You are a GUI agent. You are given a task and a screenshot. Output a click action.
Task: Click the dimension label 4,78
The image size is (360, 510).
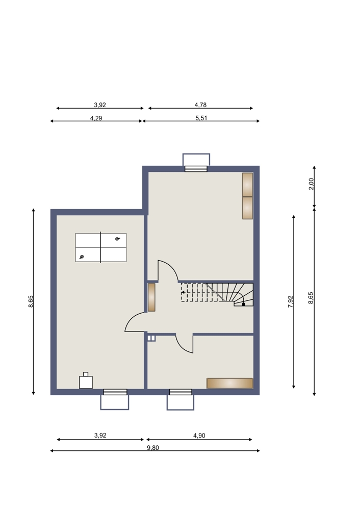[200, 105]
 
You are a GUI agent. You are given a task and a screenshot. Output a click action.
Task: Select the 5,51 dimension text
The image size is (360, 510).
[201, 118]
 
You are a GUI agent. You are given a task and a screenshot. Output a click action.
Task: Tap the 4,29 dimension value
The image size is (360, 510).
[96, 118]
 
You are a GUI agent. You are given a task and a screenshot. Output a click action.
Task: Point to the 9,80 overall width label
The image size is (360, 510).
[153, 448]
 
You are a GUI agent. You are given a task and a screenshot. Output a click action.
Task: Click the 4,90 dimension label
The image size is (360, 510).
[199, 436]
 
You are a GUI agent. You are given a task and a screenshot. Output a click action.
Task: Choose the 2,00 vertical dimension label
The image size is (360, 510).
[311, 184]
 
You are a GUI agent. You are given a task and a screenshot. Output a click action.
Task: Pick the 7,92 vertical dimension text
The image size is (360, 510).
[291, 301]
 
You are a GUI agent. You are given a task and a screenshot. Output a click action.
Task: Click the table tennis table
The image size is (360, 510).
[101, 247]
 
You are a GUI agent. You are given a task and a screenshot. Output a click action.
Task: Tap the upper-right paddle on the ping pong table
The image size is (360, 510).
[118, 239]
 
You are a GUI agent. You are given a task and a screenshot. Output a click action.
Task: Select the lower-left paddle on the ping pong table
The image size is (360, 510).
[81, 257]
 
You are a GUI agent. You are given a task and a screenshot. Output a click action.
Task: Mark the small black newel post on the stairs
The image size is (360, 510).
[244, 304]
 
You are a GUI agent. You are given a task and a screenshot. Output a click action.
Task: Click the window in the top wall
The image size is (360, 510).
[196, 168]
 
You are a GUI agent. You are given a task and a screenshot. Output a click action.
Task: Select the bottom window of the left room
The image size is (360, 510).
[115, 392]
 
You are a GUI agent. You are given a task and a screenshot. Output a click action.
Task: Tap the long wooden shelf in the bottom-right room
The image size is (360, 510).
[229, 383]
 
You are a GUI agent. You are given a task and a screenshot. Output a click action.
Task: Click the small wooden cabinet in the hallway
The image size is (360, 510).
[151, 297]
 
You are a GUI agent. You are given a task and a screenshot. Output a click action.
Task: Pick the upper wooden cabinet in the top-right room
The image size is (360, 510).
[247, 185]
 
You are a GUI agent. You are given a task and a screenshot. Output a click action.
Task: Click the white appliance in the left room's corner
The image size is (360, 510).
[86, 381]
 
